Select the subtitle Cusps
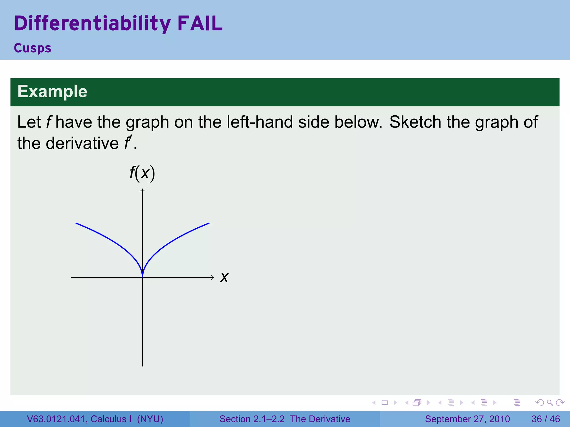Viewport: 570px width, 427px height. (33, 48)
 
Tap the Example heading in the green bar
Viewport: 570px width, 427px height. (52, 91)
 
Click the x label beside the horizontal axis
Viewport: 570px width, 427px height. (224, 277)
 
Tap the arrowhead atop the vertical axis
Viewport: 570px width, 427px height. (142, 190)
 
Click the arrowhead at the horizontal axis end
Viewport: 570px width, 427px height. (212, 277)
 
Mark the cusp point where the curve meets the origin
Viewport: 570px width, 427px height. (142, 277)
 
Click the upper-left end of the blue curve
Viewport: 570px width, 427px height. (76, 223)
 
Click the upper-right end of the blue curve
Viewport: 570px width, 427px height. (209, 223)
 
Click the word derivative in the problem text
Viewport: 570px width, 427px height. (82, 143)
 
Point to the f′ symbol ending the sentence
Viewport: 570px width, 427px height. (127, 143)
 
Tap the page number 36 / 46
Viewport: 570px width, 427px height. (546, 419)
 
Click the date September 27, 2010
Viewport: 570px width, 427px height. (467, 419)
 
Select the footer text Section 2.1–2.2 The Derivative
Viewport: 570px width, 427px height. (285, 419)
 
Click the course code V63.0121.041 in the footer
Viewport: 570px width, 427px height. (57, 419)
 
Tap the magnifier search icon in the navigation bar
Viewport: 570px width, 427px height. (550, 403)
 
